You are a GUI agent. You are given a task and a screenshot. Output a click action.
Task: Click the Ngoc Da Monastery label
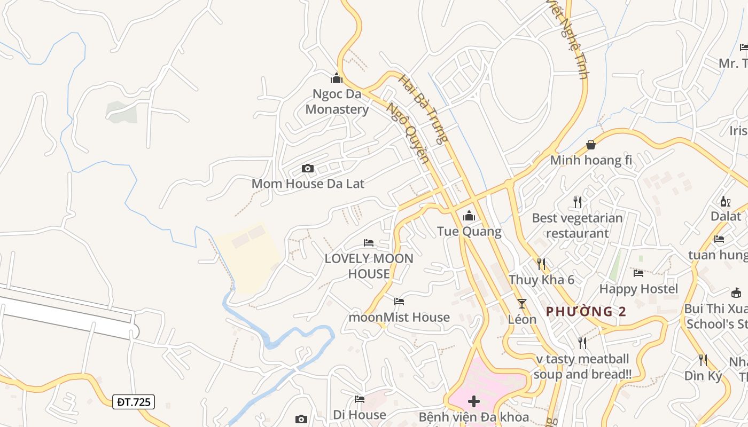[337, 102]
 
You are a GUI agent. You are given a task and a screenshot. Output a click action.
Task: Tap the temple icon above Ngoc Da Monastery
[337, 78]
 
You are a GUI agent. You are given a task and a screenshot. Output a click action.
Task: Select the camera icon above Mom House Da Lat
[308, 169]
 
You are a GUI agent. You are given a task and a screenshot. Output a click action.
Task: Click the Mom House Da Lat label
[308, 184]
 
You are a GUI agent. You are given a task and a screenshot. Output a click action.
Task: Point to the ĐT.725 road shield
[134, 402]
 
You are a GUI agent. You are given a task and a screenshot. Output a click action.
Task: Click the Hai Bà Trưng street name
[423, 110]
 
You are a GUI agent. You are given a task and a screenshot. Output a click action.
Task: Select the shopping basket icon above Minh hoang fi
[591, 145]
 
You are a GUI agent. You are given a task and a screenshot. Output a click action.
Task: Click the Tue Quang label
[469, 231]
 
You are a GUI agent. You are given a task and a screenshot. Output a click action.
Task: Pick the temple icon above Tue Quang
[469, 216]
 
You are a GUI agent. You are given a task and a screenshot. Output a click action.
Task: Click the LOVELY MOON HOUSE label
[369, 266]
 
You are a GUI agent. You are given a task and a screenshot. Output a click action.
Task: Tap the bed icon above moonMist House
[399, 302]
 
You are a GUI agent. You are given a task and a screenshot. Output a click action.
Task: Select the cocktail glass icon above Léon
[522, 304]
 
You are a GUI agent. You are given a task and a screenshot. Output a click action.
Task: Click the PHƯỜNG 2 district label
[586, 312]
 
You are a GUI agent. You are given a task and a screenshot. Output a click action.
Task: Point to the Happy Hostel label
[638, 289]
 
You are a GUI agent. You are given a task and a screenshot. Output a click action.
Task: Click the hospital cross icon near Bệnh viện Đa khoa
[473, 401]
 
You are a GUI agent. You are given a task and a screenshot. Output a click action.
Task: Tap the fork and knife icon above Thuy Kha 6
[541, 264]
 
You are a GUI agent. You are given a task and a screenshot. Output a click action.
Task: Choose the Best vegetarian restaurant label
[577, 225]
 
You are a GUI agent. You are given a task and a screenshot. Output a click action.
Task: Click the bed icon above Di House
[360, 399]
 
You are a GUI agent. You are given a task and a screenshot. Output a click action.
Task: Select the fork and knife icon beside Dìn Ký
[703, 360]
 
